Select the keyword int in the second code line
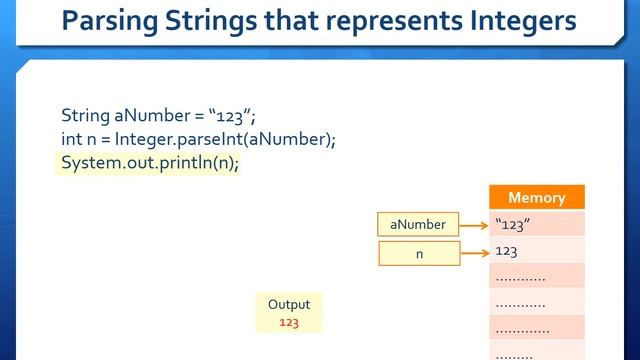(x=71, y=139)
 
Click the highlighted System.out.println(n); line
(x=150, y=163)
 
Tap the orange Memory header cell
(x=536, y=198)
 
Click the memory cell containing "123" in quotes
(x=536, y=224)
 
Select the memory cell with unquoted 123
(x=536, y=251)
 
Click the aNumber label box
(x=418, y=225)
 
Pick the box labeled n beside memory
(x=419, y=254)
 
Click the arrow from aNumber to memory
(x=474, y=225)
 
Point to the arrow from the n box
(x=474, y=254)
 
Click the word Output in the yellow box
(x=289, y=304)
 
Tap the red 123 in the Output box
(x=289, y=322)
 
